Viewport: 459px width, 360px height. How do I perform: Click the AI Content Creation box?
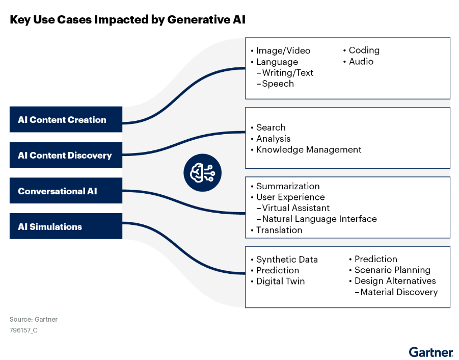point(66,120)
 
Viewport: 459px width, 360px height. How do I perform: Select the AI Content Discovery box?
point(66,156)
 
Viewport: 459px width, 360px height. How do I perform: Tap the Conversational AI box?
point(66,191)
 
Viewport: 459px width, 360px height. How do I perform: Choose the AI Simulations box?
point(66,226)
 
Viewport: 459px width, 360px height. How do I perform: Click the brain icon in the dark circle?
point(202,174)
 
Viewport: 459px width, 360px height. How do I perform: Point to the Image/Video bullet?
point(283,50)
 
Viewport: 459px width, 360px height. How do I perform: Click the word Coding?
point(364,50)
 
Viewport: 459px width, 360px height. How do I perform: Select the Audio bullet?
point(361,61)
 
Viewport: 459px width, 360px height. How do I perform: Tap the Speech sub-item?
point(278,84)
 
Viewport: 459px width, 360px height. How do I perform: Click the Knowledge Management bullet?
point(309,149)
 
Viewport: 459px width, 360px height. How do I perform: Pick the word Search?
point(271,127)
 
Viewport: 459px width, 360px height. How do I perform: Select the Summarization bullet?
point(288,186)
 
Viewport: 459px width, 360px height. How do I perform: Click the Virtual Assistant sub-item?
point(296,208)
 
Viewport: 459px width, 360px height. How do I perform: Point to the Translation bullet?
point(279,230)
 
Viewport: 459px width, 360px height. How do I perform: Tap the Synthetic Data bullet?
point(287,260)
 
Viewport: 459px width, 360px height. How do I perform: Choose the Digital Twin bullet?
point(281,281)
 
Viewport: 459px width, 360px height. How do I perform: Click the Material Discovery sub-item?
point(399,292)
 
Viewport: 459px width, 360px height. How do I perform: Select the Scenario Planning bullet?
point(392,270)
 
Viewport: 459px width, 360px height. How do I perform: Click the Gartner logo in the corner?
point(430,352)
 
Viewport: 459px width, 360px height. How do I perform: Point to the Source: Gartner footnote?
point(34,319)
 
